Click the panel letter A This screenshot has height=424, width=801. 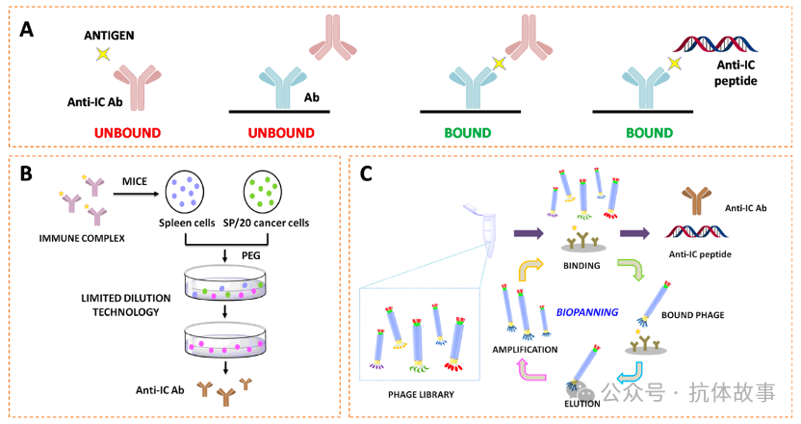pyautogui.click(x=28, y=29)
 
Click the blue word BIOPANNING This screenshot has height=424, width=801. pyautogui.click(x=587, y=312)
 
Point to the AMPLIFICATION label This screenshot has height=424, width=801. pyautogui.click(x=525, y=350)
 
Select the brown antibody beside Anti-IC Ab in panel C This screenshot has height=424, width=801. pyautogui.click(x=689, y=199)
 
